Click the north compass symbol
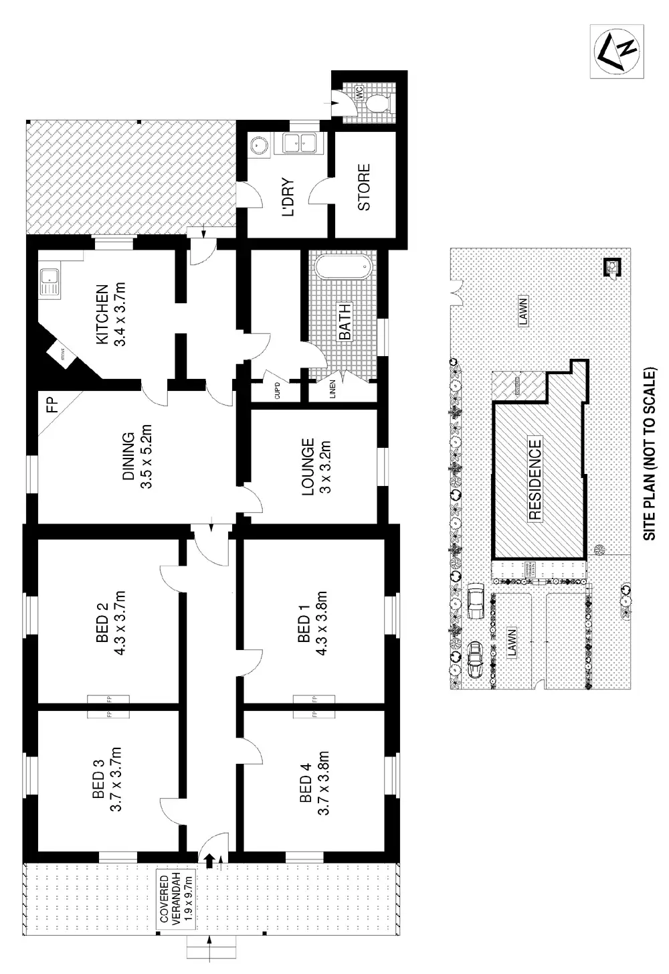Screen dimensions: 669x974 (x=617, y=52)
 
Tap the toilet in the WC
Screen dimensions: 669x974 (x=377, y=103)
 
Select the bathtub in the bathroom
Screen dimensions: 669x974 (x=343, y=268)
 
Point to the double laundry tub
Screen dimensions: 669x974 (x=299, y=143)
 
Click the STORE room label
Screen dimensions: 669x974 (x=365, y=187)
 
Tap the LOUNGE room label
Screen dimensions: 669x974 (x=307, y=467)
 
